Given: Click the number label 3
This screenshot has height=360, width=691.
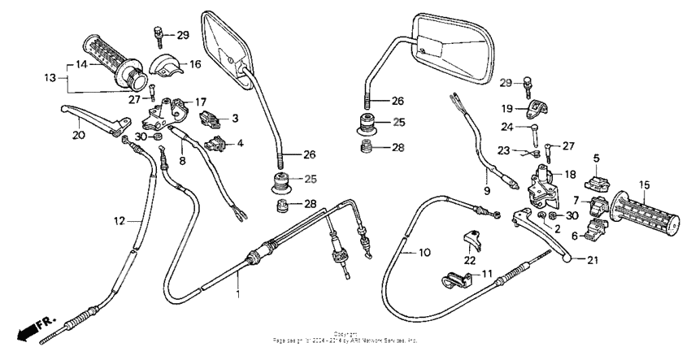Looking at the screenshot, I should pyautogui.click(x=235, y=119).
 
